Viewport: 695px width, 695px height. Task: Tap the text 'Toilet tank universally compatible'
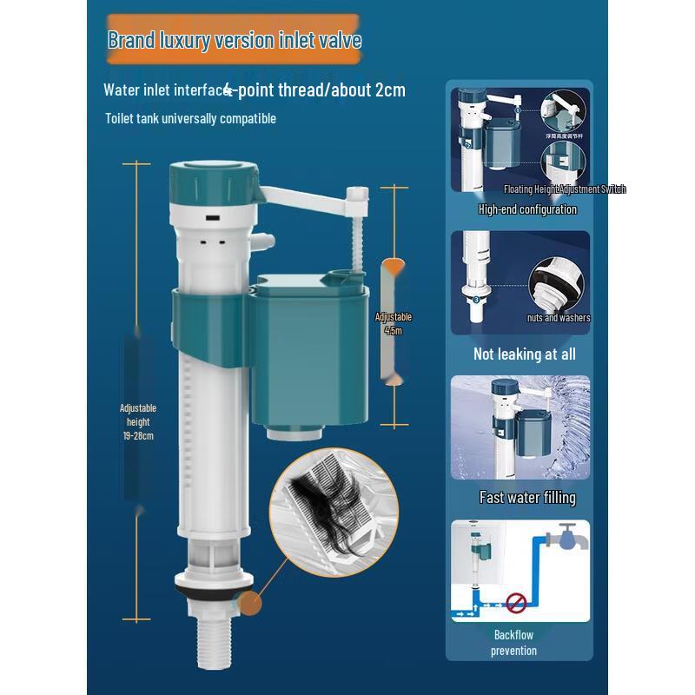[x=190, y=118]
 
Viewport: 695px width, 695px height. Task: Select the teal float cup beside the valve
[x=308, y=347]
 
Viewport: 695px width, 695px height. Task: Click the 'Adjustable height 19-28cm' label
[x=138, y=421]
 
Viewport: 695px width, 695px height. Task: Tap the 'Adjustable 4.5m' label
[x=394, y=323]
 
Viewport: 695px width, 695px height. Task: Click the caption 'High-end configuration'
[x=526, y=209]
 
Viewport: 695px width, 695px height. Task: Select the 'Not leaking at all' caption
[x=524, y=354]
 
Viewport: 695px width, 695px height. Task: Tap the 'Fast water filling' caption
[x=527, y=498]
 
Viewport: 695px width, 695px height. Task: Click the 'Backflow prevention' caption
[x=514, y=643]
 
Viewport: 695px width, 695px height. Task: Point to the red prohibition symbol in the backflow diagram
[x=518, y=599]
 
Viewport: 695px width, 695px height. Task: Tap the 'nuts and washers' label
[x=558, y=318]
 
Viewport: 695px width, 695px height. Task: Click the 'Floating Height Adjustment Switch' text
[x=564, y=189]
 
